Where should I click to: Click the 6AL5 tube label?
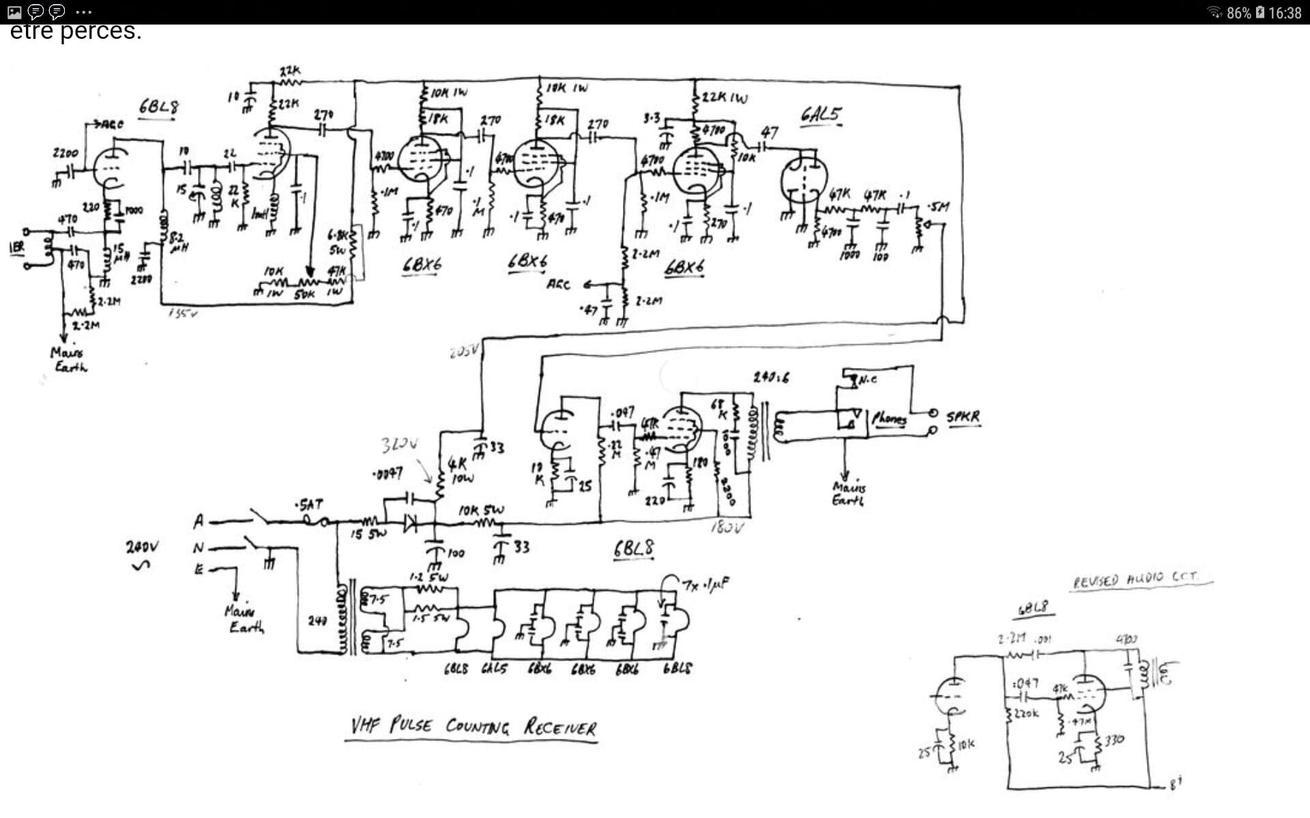821,115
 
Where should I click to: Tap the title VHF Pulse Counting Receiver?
473,726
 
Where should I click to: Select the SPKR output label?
963,416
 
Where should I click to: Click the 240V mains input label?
142,547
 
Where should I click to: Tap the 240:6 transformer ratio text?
771,377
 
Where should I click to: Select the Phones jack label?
888,418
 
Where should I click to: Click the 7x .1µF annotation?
705,584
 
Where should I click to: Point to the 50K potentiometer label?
304,294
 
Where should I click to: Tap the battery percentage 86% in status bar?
1238,13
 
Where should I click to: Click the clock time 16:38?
1285,13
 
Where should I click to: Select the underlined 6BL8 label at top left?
158,107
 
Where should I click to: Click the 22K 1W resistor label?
725,97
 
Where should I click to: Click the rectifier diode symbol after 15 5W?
411,524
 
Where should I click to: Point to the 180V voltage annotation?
727,527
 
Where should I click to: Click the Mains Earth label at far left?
69,359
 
